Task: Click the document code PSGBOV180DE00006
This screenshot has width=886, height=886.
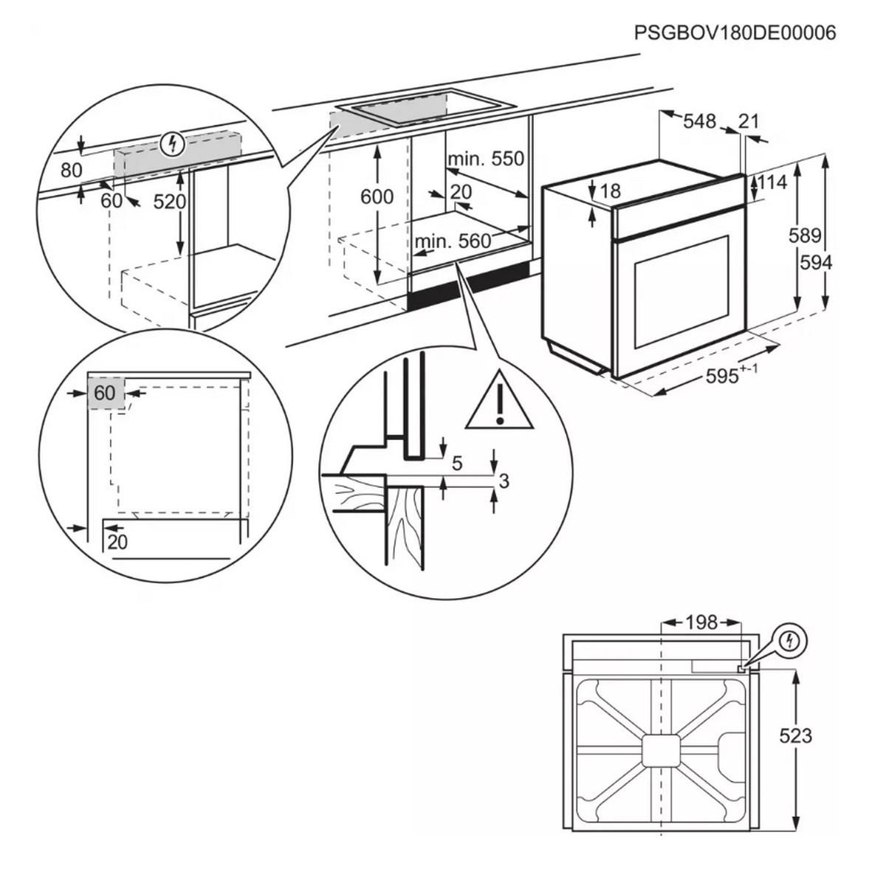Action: click(735, 33)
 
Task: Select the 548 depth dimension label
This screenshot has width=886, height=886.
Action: click(698, 120)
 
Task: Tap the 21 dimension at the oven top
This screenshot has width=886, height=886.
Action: click(748, 120)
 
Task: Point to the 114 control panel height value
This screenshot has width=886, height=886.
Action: click(772, 181)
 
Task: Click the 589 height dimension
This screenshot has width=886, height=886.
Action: click(804, 236)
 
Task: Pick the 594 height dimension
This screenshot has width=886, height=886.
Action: click(816, 262)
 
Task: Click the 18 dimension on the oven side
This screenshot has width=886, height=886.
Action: click(610, 191)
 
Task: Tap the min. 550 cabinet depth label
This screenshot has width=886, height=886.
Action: click(485, 159)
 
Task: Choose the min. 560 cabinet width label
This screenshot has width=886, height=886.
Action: click(453, 241)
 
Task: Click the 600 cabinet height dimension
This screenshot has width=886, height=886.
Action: click(377, 196)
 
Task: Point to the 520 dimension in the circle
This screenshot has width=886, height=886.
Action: click(169, 201)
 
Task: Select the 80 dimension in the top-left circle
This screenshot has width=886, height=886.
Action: click(71, 170)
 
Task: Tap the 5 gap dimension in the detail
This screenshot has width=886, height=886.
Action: click(456, 463)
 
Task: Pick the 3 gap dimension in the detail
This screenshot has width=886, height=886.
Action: click(504, 481)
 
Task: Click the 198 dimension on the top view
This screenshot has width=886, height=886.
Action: click(701, 622)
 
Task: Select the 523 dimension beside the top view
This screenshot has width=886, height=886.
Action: click(794, 735)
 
